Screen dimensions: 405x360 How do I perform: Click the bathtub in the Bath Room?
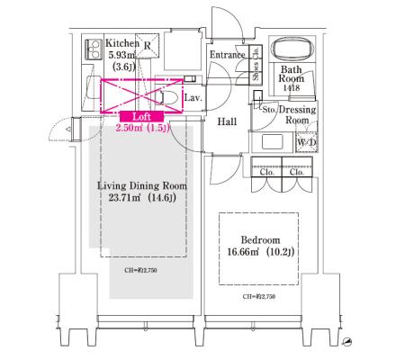click(x=292, y=49)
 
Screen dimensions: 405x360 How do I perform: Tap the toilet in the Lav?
click(x=164, y=96)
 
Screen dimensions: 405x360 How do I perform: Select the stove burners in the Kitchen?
click(x=93, y=49)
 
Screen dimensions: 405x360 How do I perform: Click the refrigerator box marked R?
click(x=147, y=46)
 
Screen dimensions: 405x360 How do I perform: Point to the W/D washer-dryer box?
click(x=307, y=142)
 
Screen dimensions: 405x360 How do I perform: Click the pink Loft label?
click(x=142, y=116)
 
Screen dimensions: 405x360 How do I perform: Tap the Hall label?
click(x=227, y=121)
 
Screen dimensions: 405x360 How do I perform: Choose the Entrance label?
click(x=227, y=55)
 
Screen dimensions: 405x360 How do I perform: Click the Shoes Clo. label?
click(x=256, y=64)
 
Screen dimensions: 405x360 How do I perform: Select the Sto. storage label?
click(x=269, y=110)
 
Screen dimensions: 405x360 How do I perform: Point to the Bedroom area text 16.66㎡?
click(x=243, y=251)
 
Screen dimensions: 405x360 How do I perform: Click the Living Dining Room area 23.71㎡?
click(x=124, y=198)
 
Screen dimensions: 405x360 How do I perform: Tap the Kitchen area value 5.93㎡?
click(x=121, y=55)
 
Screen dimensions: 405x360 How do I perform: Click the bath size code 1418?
click(x=292, y=87)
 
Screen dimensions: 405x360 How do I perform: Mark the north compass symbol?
click(x=347, y=341)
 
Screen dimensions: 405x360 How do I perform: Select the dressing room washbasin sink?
click(x=272, y=142)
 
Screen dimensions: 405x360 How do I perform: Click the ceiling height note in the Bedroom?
click(x=259, y=296)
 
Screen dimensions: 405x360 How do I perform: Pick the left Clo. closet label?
click(x=267, y=172)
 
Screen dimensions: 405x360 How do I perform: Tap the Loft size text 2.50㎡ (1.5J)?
click(x=143, y=128)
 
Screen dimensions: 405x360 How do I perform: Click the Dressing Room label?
click(x=297, y=115)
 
